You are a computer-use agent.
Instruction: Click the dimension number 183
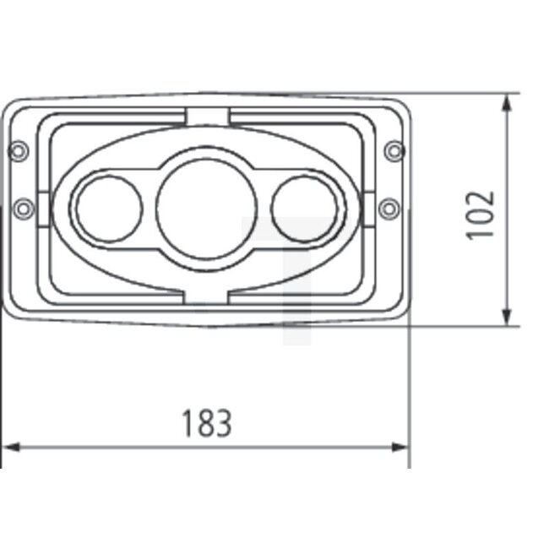(x=206, y=422)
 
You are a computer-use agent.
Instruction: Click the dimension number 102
(x=481, y=214)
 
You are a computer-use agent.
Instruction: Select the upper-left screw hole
(x=19, y=151)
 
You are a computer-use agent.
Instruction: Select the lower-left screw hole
(x=24, y=206)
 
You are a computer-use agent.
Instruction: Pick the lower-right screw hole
(x=388, y=206)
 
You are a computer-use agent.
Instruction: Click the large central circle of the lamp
(x=206, y=208)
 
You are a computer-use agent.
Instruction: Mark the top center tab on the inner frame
(x=207, y=116)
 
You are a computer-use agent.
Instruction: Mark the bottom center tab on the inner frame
(x=207, y=295)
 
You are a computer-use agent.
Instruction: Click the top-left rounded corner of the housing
(x=10, y=105)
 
